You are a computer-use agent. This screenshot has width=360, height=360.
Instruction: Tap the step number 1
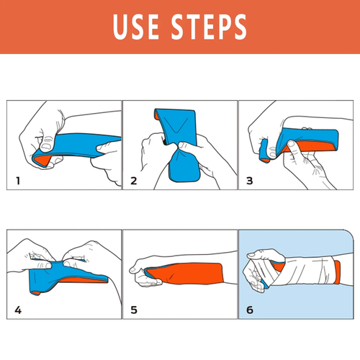17,180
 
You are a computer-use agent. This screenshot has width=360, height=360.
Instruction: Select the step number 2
134,180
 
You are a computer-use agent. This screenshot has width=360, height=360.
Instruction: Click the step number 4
17,310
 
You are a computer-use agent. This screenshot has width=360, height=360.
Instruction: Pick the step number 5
134,310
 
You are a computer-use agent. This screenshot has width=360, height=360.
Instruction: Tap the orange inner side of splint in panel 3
320,148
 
